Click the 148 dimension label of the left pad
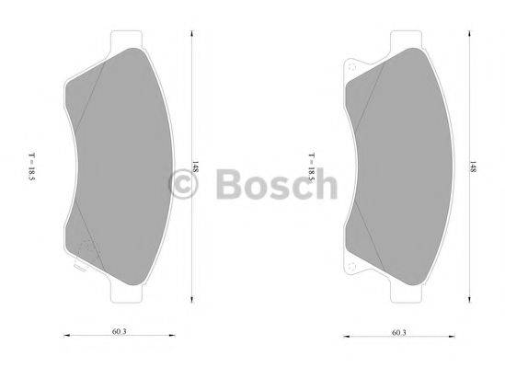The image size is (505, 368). tap(197, 169)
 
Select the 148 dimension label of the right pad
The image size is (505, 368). tap(473, 169)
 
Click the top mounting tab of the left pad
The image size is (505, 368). tap(128, 40)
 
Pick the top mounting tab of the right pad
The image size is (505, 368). tap(407, 40)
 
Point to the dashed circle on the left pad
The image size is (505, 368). tap(88, 249)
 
